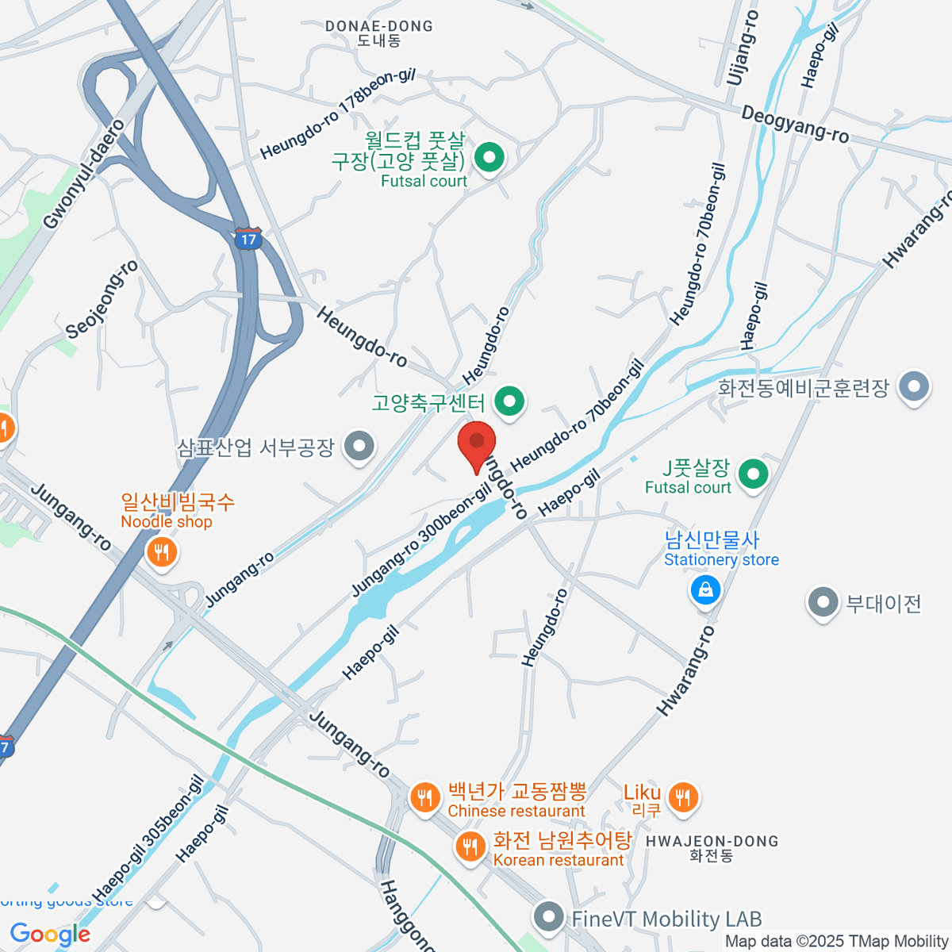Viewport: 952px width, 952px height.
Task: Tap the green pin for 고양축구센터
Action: click(509, 401)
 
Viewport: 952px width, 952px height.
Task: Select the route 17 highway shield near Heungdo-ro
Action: click(248, 238)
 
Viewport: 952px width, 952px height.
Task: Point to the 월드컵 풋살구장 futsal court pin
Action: click(489, 157)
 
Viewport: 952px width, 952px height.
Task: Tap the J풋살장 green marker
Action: click(752, 474)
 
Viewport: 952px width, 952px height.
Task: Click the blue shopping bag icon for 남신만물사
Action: click(704, 589)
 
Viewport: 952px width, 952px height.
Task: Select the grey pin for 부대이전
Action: click(823, 602)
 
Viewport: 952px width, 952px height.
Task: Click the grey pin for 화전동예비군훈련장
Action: click(914, 387)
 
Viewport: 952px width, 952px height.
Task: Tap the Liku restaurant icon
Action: click(682, 797)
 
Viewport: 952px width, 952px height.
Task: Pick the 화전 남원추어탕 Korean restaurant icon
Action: click(470, 846)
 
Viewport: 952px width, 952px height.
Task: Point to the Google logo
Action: click(50, 935)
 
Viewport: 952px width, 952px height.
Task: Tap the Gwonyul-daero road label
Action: click(84, 175)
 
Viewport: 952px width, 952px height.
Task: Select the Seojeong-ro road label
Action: click(102, 299)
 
